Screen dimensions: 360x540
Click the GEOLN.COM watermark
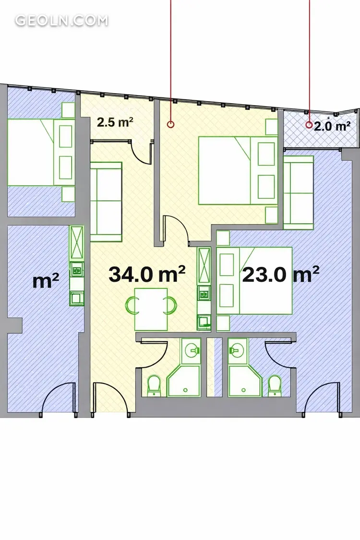[61, 20]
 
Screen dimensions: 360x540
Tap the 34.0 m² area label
[147, 274]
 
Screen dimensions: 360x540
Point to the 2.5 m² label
[115, 122]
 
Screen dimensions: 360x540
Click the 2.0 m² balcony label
[332, 126]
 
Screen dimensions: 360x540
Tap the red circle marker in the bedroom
[170, 124]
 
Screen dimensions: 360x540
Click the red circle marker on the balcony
[309, 125]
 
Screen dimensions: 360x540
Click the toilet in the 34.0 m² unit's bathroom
[154, 386]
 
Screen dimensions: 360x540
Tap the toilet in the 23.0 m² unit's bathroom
[275, 386]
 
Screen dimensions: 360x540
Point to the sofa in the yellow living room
[106, 202]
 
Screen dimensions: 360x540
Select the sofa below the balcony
[299, 192]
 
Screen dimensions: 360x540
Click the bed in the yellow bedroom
[238, 170]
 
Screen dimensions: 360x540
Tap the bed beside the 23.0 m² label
[255, 281]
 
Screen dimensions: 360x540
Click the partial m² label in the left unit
[46, 281]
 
